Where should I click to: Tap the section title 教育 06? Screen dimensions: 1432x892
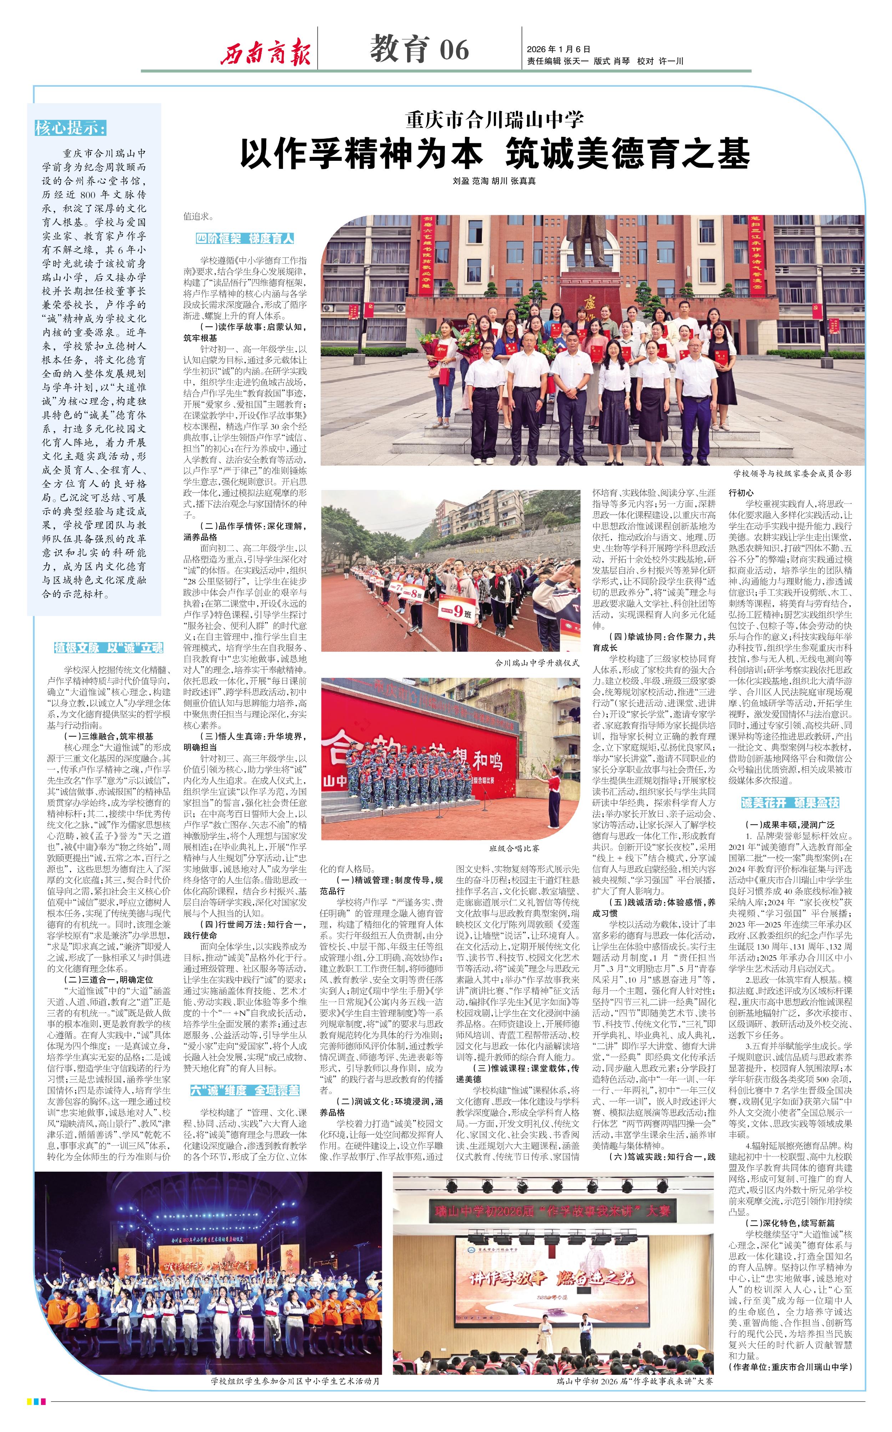tap(419, 49)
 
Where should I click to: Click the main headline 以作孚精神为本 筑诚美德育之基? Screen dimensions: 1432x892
tap(495, 154)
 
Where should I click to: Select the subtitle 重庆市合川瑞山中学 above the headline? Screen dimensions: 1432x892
tap(495, 120)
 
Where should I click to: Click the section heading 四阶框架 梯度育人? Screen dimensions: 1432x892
tap(245, 239)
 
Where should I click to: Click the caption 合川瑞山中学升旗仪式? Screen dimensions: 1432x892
tap(537, 663)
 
